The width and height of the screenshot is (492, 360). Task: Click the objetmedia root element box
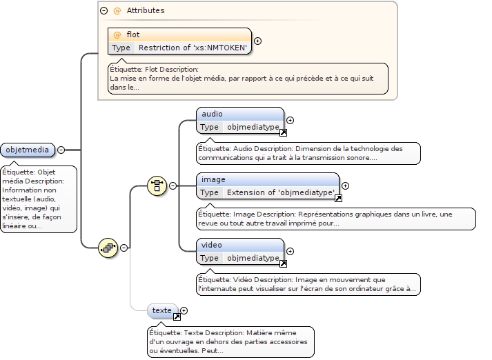tap(28, 150)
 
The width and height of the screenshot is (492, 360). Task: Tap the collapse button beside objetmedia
tap(61, 150)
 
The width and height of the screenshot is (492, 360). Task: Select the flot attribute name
tap(133, 34)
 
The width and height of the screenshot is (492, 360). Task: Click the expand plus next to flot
tap(258, 41)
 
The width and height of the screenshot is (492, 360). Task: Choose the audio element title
tap(211, 114)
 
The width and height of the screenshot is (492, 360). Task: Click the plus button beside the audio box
tap(291, 120)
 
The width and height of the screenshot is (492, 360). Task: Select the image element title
tap(213, 179)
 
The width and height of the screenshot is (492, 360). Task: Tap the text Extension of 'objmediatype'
tap(281, 192)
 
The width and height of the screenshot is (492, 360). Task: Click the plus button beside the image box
tap(346, 186)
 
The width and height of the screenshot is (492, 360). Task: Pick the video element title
tap(212, 245)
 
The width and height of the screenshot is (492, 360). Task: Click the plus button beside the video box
tap(291, 251)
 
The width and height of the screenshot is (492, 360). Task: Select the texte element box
tap(162, 310)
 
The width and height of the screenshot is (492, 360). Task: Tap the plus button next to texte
tap(184, 310)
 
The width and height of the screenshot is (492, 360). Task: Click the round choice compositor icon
tap(157, 186)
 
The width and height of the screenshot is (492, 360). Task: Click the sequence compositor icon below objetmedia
tap(107, 247)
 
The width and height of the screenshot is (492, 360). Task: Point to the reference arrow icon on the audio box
tap(283, 132)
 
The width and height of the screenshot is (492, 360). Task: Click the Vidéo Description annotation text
tap(307, 284)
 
